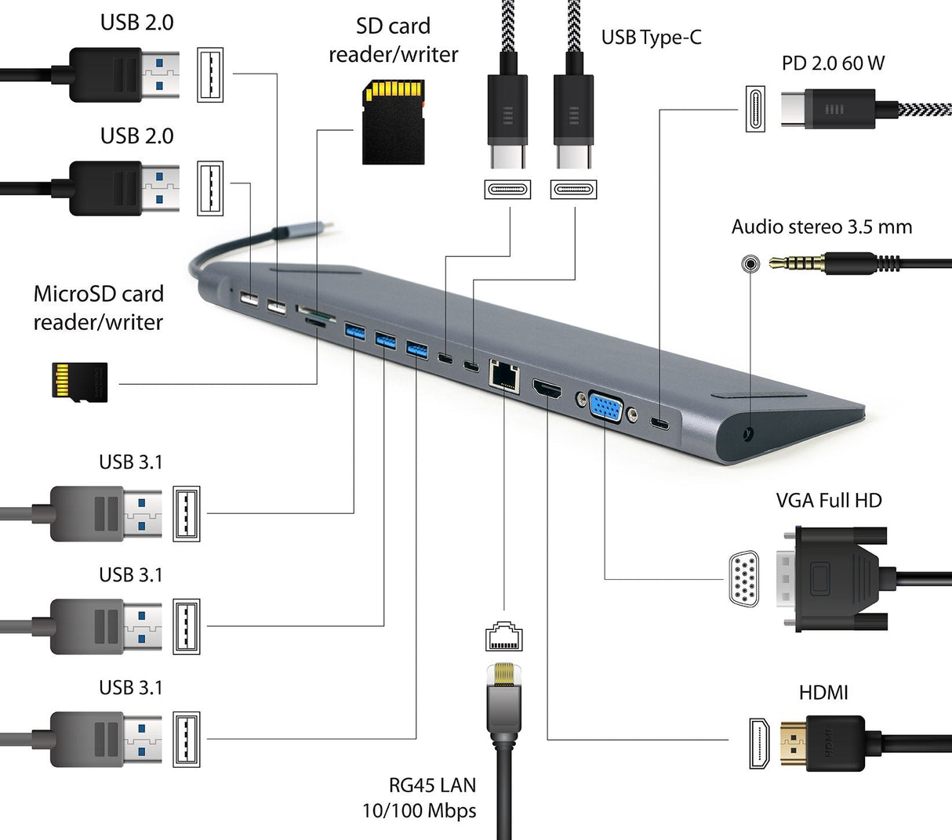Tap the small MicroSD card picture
tap(78, 382)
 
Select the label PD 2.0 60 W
tap(833, 63)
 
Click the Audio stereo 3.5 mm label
tap(821, 227)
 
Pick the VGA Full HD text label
tap(828, 500)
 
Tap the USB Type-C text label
tap(651, 37)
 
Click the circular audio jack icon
tap(750, 263)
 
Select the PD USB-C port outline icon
tap(754, 109)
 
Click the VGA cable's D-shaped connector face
tap(743, 580)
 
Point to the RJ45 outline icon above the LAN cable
tap(503, 635)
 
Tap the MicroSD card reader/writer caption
tap(99, 307)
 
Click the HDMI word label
tap(823, 693)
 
